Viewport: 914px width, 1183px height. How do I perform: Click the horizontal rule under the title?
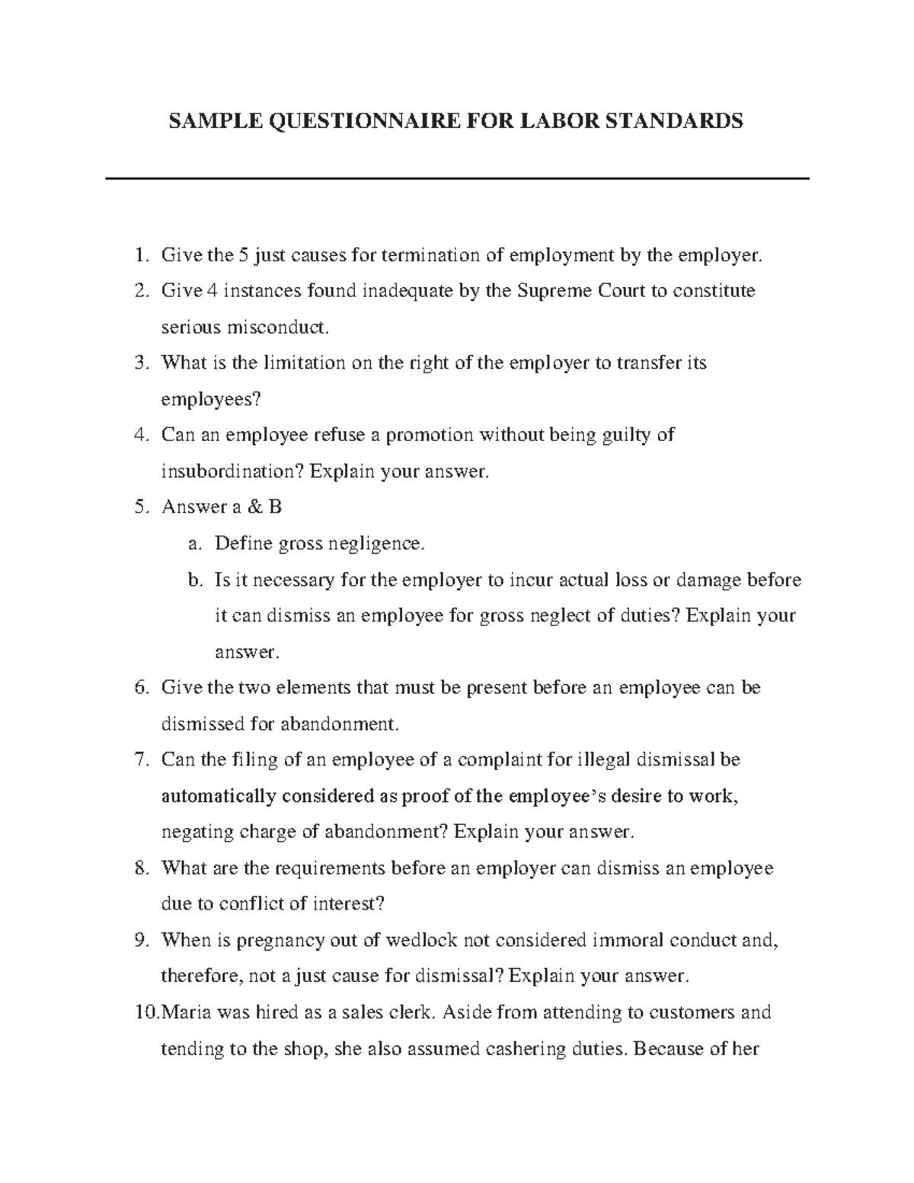pyautogui.click(x=457, y=178)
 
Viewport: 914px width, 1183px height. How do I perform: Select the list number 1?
pyautogui.click(x=139, y=255)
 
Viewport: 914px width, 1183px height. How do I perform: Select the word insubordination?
pyautogui.click(x=232, y=472)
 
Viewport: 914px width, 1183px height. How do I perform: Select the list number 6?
pyautogui.click(x=139, y=688)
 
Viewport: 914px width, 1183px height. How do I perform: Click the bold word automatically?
pyautogui.click(x=219, y=796)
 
